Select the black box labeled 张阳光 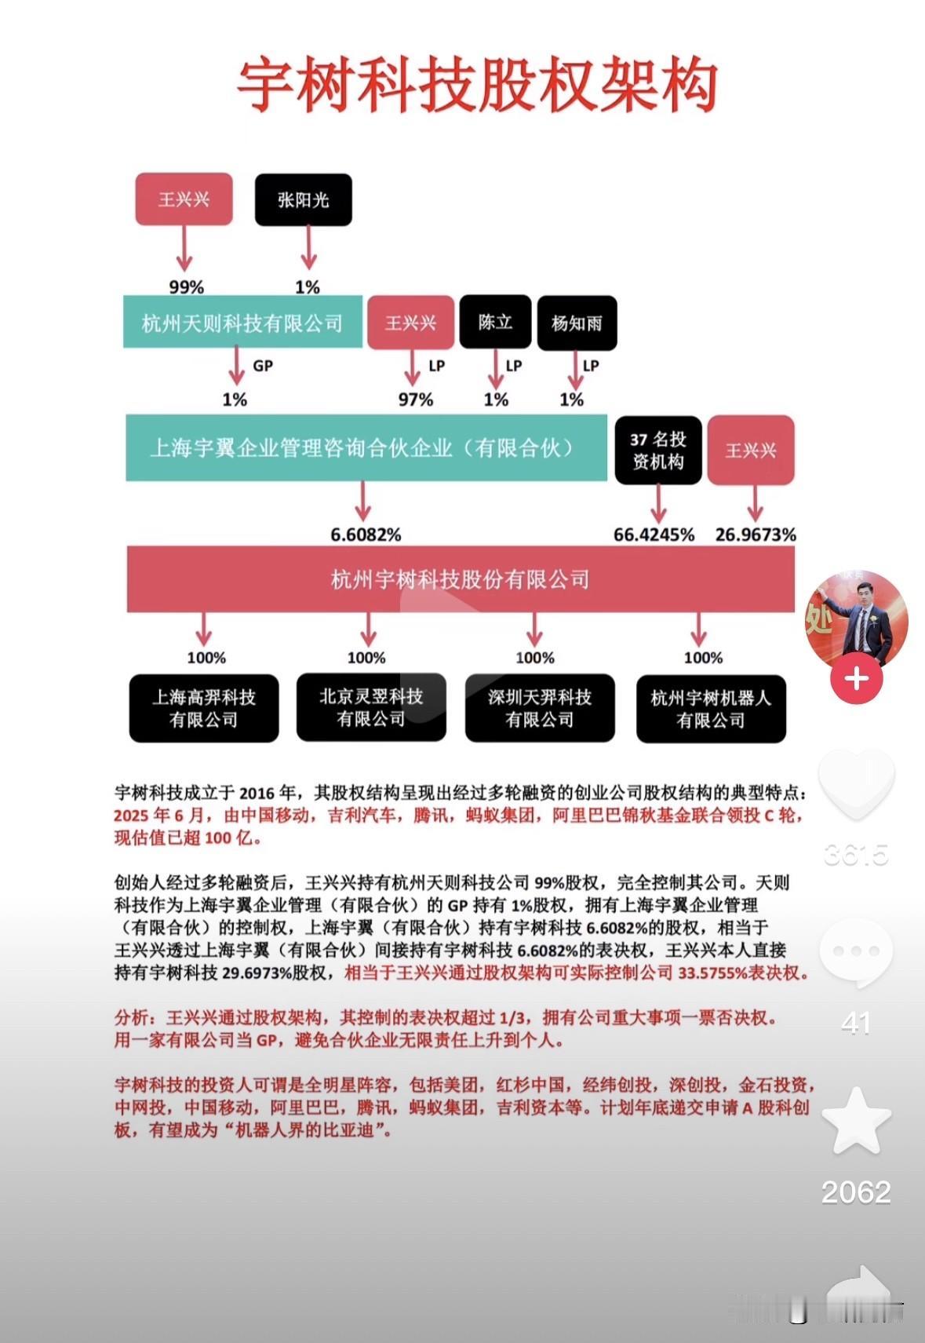coord(303,200)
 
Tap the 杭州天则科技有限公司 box coord(242,323)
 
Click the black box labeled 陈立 coord(495,322)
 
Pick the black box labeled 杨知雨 coord(577,323)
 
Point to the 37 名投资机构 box coord(657,451)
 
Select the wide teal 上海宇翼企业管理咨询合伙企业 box coord(366,447)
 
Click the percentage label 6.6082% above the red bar coord(366,535)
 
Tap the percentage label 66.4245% coord(654,535)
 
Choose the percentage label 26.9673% coord(755,535)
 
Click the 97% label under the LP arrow coord(415,400)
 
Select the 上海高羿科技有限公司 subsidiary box coord(204,708)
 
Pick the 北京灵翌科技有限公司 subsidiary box coord(371,707)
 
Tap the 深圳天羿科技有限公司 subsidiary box coord(540,708)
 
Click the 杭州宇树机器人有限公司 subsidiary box coord(711,709)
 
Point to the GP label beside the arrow coord(263,366)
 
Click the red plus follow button coord(856,678)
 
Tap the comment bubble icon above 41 coord(856,952)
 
